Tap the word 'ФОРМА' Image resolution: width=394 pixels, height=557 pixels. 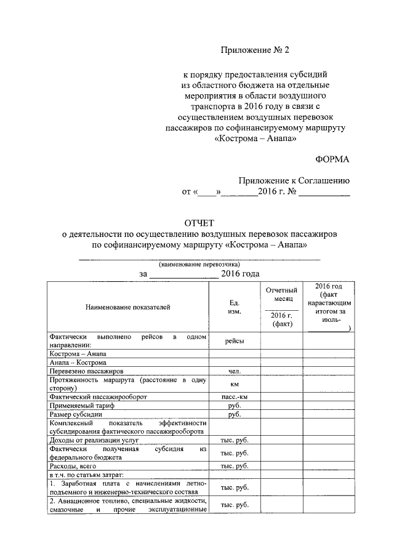click(x=332, y=159)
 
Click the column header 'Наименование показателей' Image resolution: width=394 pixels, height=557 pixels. click(x=127, y=306)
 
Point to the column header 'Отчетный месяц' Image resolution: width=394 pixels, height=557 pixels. click(x=281, y=294)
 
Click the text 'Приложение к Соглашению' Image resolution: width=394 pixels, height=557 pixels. click(x=294, y=180)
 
